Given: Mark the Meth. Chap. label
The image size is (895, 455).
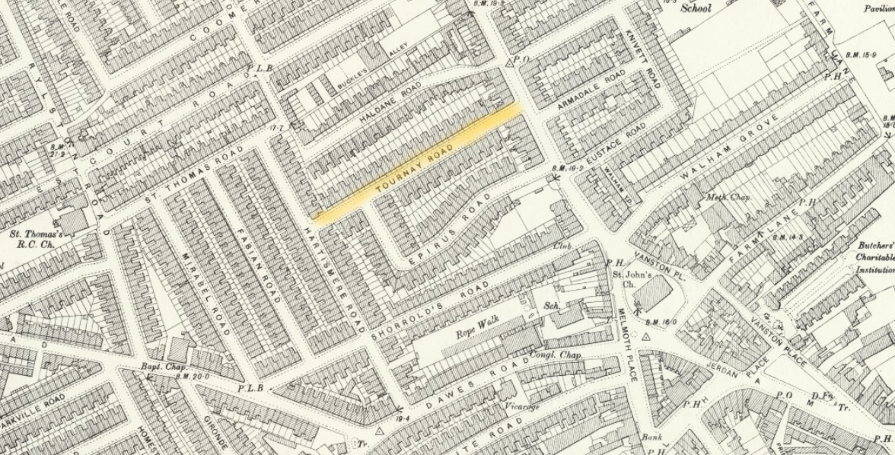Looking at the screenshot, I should (x=728, y=197).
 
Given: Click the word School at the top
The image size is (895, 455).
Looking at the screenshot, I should (x=695, y=9).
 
